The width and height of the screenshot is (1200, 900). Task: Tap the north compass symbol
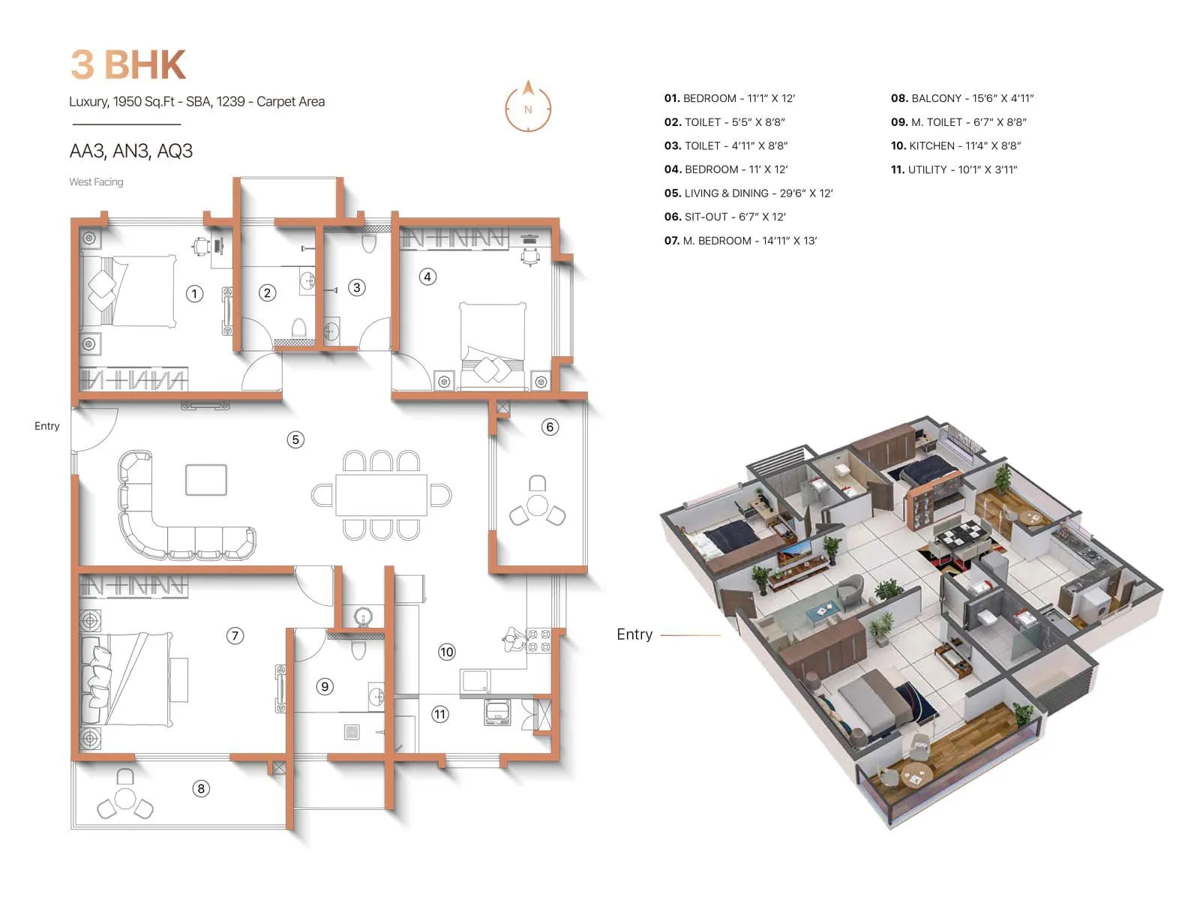click(x=528, y=106)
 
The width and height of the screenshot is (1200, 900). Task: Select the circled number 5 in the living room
click(x=295, y=439)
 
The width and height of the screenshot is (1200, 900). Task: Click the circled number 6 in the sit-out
click(x=550, y=427)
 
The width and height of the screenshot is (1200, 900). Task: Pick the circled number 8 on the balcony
click(x=200, y=788)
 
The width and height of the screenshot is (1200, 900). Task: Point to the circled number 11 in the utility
click(x=440, y=714)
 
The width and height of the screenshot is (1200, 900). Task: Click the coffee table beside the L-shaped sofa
click(x=206, y=480)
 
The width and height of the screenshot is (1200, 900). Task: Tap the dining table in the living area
click(x=381, y=495)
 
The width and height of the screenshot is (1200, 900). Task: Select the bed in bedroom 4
click(x=493, y=345)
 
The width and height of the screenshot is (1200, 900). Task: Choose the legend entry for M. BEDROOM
click(x=740, y=241)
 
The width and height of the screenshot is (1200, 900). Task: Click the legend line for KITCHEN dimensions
click(x=955, y=145)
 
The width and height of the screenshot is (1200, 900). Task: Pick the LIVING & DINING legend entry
click(x=748, y=193)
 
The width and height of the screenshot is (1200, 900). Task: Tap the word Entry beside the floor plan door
click(x=46, y=426)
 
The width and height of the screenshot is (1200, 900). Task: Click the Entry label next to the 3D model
click(x=634, y=634)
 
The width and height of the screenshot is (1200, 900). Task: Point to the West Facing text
click(x=96, y=182)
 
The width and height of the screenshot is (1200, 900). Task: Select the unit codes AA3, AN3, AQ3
click(x=131, y=151)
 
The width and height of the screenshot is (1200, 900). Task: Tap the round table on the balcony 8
click(x=125, y=798)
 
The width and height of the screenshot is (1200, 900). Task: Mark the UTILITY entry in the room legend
click(x=954, y=169)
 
